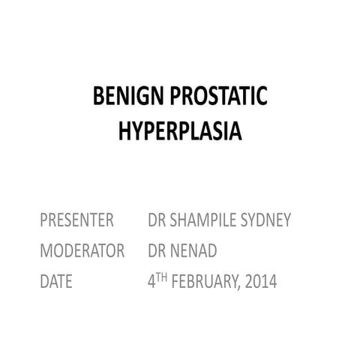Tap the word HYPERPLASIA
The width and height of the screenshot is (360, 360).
pos(180,132)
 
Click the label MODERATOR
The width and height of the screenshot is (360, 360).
pos(82,251)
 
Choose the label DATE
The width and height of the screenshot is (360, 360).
pos(56,282)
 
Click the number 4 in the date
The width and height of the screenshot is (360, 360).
pos(151,282)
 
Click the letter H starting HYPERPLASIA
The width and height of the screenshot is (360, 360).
pos(125,132)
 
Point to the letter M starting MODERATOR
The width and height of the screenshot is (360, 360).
pos(46,251)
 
